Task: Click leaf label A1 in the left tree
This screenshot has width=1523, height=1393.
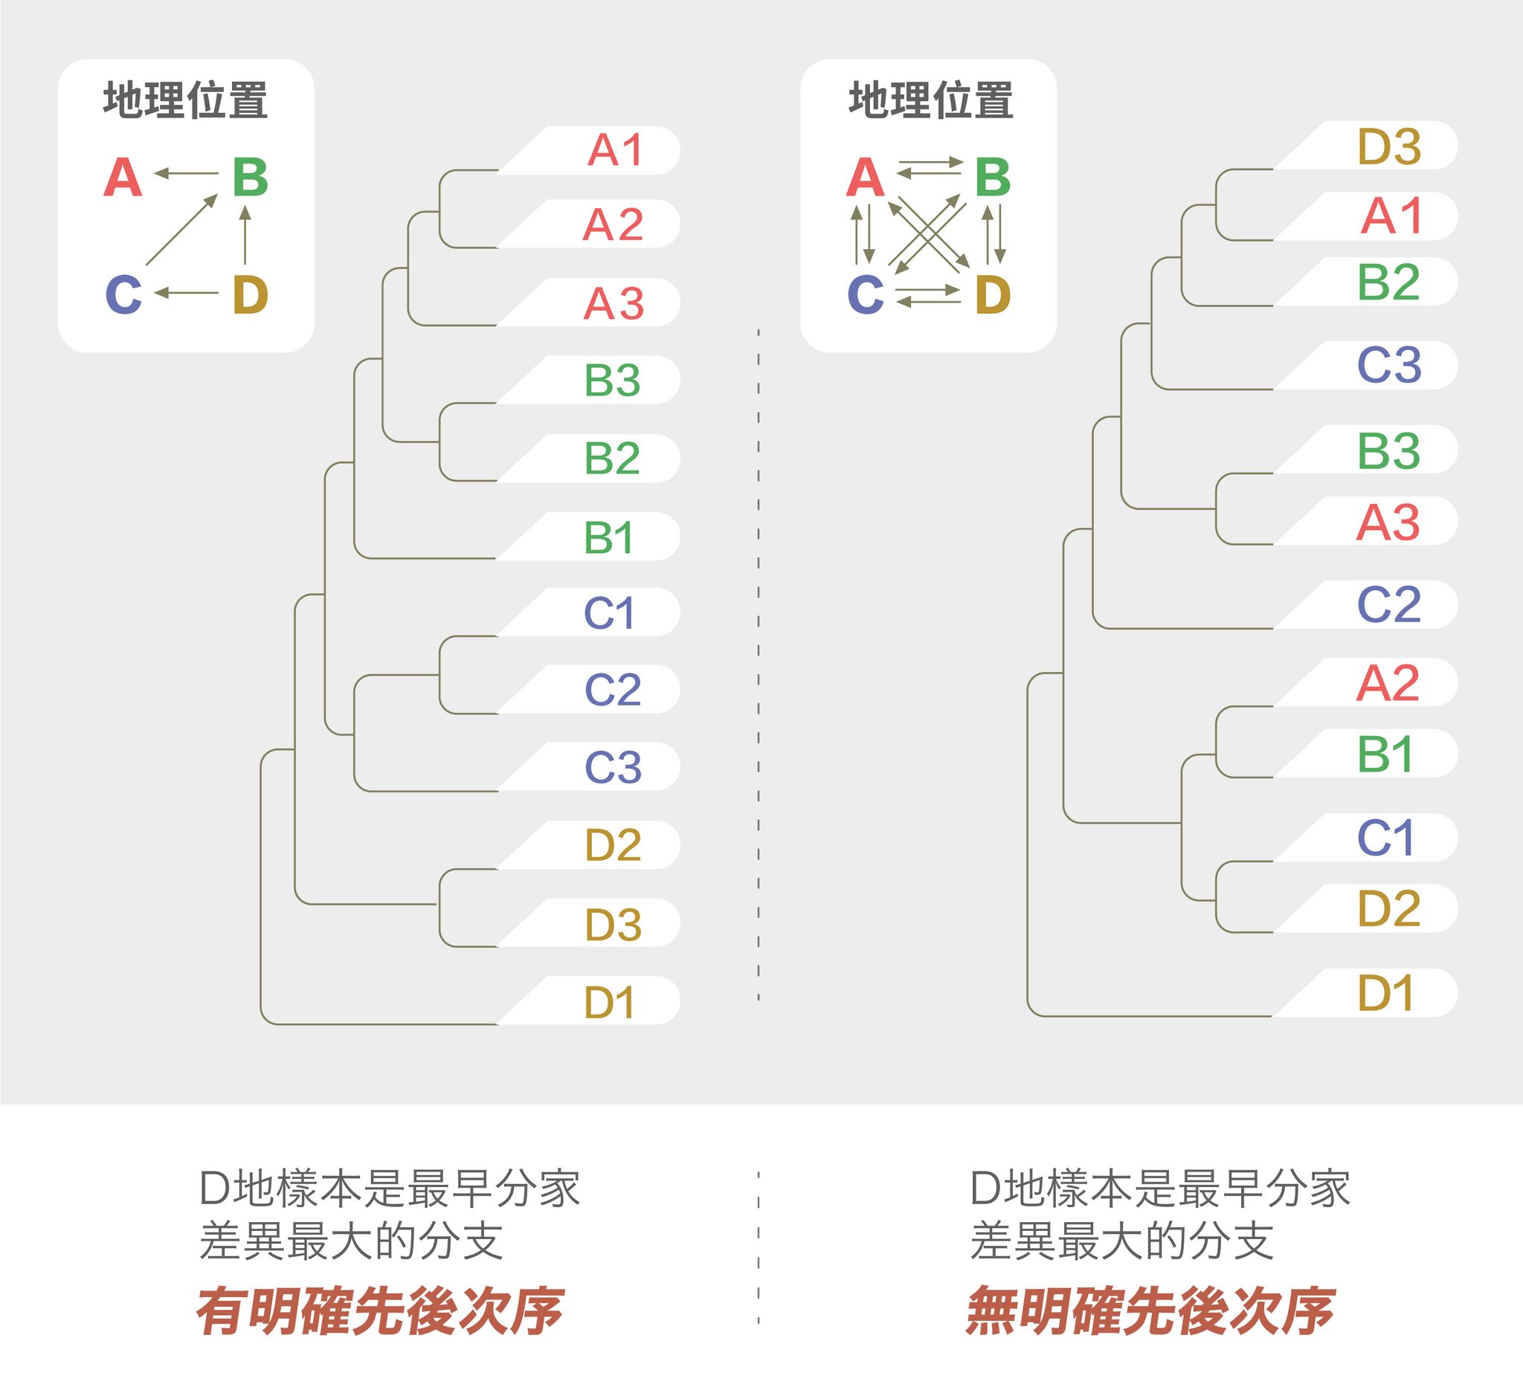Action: tap(615, 150)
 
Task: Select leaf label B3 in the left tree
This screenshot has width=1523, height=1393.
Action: tap(612, 380)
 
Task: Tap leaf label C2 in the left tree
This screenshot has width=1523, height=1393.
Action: tap(613, 689)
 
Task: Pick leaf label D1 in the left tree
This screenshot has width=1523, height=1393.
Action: tap(609, 1003)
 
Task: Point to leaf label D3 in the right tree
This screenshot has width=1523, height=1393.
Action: tap(1389, 146)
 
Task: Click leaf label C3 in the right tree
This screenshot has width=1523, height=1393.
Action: tap(1389, 366)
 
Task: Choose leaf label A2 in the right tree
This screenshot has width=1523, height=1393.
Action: tap(1388, 683)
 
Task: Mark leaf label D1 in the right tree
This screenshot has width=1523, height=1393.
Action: tap(1385, 993)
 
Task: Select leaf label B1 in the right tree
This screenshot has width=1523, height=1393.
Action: tap(1385, 754)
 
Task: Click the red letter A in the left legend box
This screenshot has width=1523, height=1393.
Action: tap(123, 178)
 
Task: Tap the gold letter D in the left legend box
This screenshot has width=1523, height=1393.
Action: tap(251, 294)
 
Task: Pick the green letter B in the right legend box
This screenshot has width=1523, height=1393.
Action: tap(993, 178)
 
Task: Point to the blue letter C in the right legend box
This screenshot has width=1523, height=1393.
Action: tap(866, 294)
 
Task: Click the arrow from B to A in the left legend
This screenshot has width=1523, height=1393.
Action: tap(186, 174)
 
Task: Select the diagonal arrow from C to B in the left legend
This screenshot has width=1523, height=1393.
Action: tap(182, 230)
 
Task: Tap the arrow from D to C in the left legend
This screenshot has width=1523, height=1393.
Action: tap(186, 293)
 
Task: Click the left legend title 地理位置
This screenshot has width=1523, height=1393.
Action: tap(186, 100)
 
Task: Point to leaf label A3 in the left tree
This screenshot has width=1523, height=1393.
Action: tap(614, 304)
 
